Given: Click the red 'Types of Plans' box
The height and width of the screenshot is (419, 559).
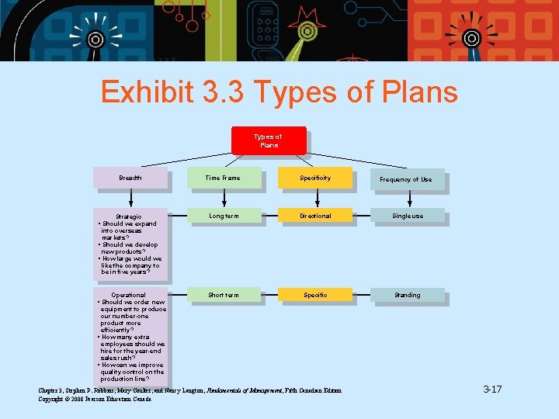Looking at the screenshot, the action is (x=269, y=140).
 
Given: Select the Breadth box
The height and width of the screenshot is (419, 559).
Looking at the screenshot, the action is (x=130, y=178).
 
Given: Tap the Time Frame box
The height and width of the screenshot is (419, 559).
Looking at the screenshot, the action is (x=223, y=178).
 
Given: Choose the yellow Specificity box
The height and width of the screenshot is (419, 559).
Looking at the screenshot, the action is (x=315, y=178).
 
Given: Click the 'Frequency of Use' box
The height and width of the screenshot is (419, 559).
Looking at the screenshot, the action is (x=406, y=179).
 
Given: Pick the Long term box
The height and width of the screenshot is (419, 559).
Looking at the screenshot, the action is (x=224, y=216).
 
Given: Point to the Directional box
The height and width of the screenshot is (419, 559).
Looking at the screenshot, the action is (x=315, y=216).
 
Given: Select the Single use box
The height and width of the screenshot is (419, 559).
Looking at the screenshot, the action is (x=407, y=216).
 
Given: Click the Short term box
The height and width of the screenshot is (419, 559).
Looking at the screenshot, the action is (x=224, y=295).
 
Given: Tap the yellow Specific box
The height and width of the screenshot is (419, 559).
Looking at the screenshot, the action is (x=315, y=295).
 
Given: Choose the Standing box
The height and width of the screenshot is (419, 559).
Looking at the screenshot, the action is (x=407, y=295).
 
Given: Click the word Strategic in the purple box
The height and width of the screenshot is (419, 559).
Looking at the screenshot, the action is (x=129, y=216).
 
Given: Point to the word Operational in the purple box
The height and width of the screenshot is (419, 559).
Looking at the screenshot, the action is (x=129, y=296).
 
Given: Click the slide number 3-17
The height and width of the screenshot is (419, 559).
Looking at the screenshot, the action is (x=492, y=389).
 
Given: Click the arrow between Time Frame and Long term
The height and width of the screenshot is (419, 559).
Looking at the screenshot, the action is (x=224, y=199).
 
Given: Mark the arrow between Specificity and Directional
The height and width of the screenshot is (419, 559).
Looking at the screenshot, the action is (x=315, y=199).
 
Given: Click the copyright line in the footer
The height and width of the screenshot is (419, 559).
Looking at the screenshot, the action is (x=95, y=398).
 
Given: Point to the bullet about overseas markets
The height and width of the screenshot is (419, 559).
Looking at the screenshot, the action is (x=129, y=230).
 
